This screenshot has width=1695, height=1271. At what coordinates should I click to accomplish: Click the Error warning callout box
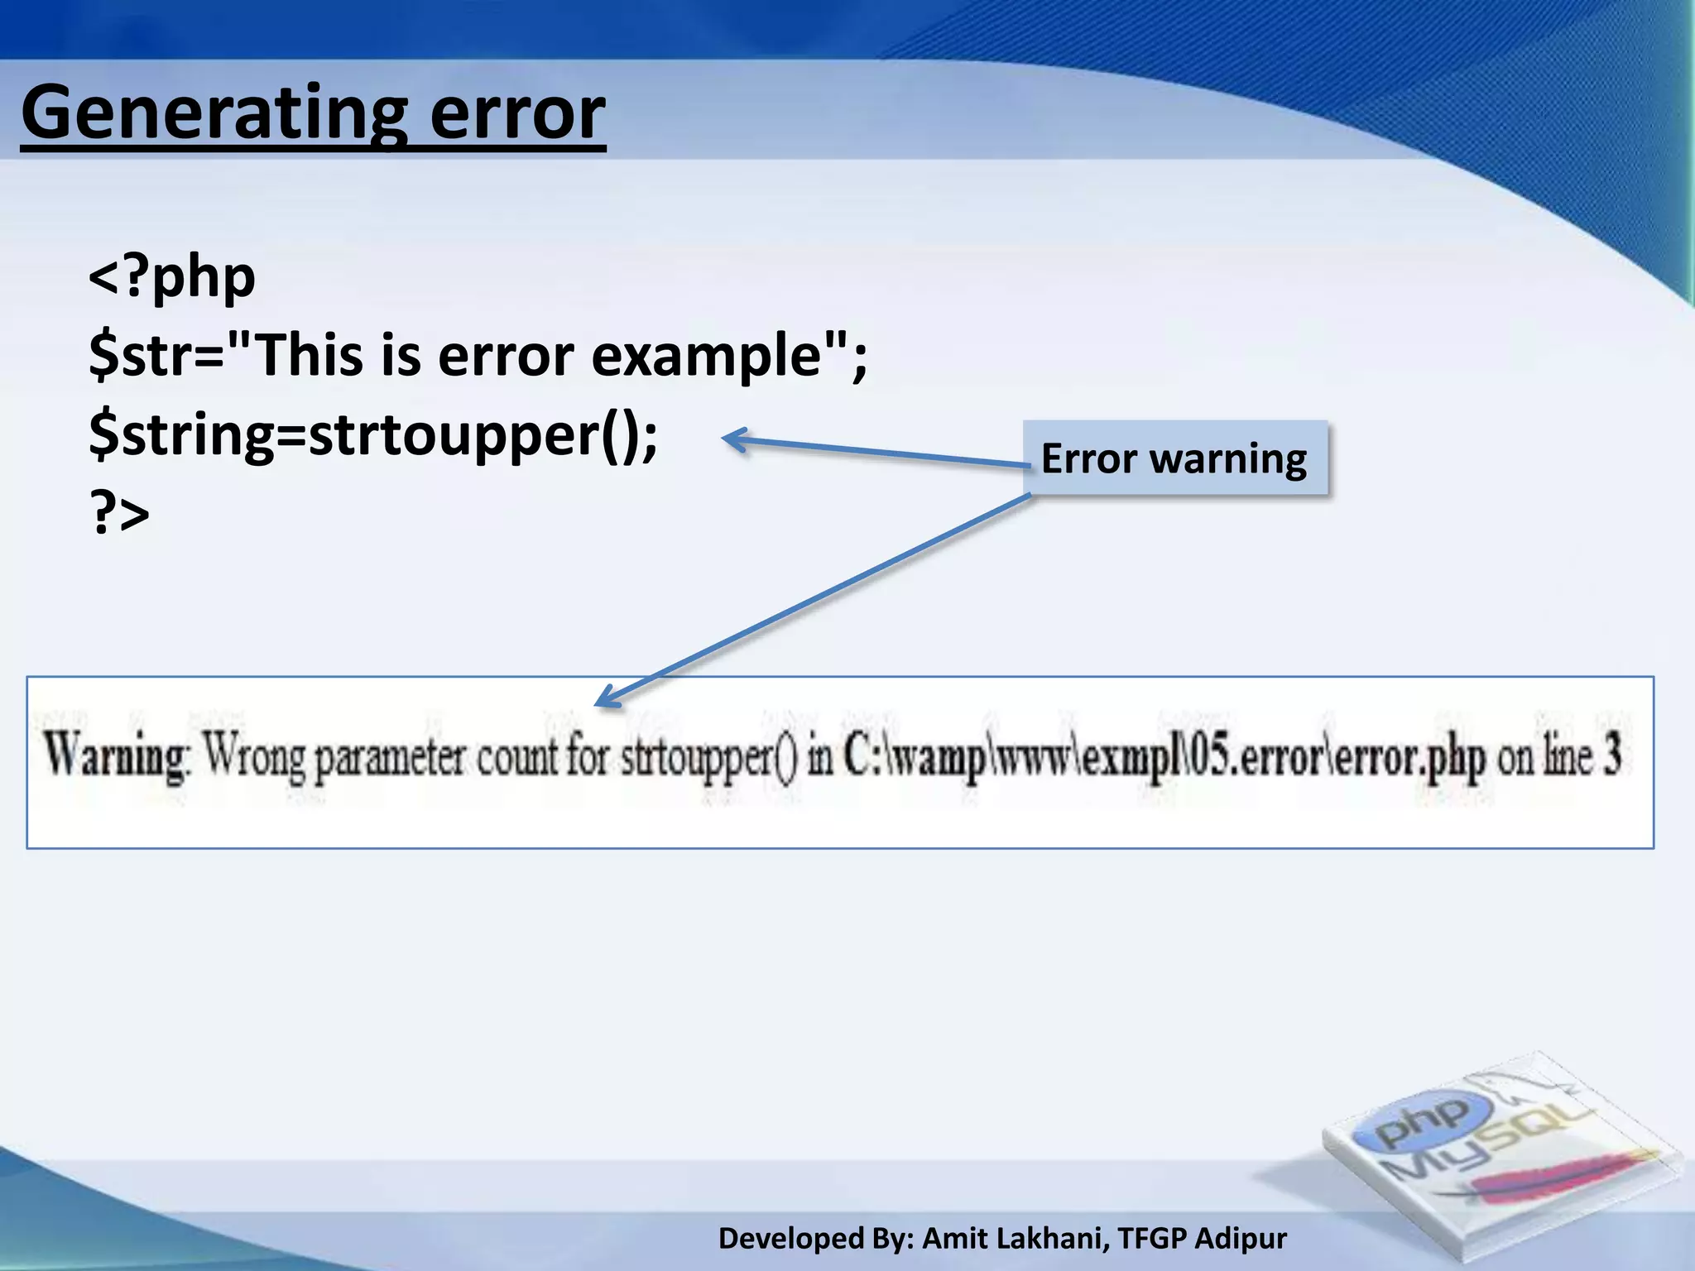pos(1175,458)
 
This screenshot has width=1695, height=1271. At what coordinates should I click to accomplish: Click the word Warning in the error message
pos(116,755)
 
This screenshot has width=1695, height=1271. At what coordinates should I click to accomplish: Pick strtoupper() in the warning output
pos(708,757)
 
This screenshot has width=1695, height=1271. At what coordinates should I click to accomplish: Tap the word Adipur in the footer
pos(1241,1239)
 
